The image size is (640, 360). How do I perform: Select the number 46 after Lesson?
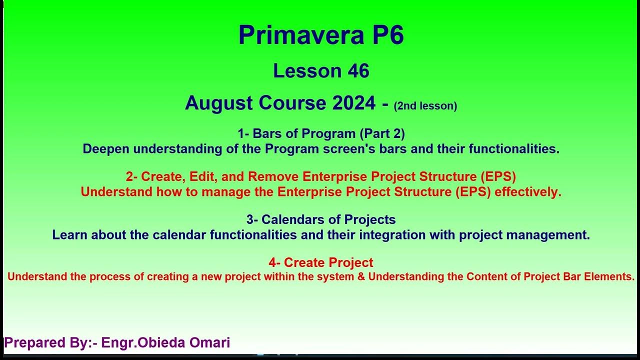[358, 71]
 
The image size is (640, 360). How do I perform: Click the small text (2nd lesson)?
[425, 106]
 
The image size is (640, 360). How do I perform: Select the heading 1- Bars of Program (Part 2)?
[321, 133]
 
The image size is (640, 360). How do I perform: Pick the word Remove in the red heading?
[273, 176]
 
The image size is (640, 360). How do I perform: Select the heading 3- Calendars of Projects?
[321, 219]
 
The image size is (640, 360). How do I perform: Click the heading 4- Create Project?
[321, 262]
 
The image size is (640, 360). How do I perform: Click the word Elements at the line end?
[615, 276]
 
